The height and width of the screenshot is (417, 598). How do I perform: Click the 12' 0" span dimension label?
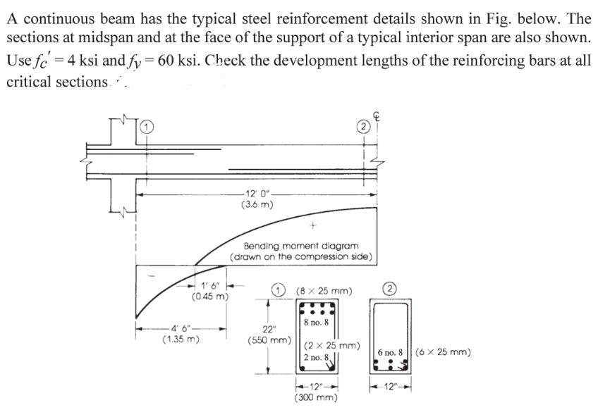coord(253,194)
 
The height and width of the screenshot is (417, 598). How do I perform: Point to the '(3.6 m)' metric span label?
coord(253,206)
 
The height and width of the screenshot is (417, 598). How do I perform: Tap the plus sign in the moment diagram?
coord(311,227)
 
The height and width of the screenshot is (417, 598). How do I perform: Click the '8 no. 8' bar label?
coord(315,322)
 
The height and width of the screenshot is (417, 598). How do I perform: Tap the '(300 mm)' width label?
coord(315,397)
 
